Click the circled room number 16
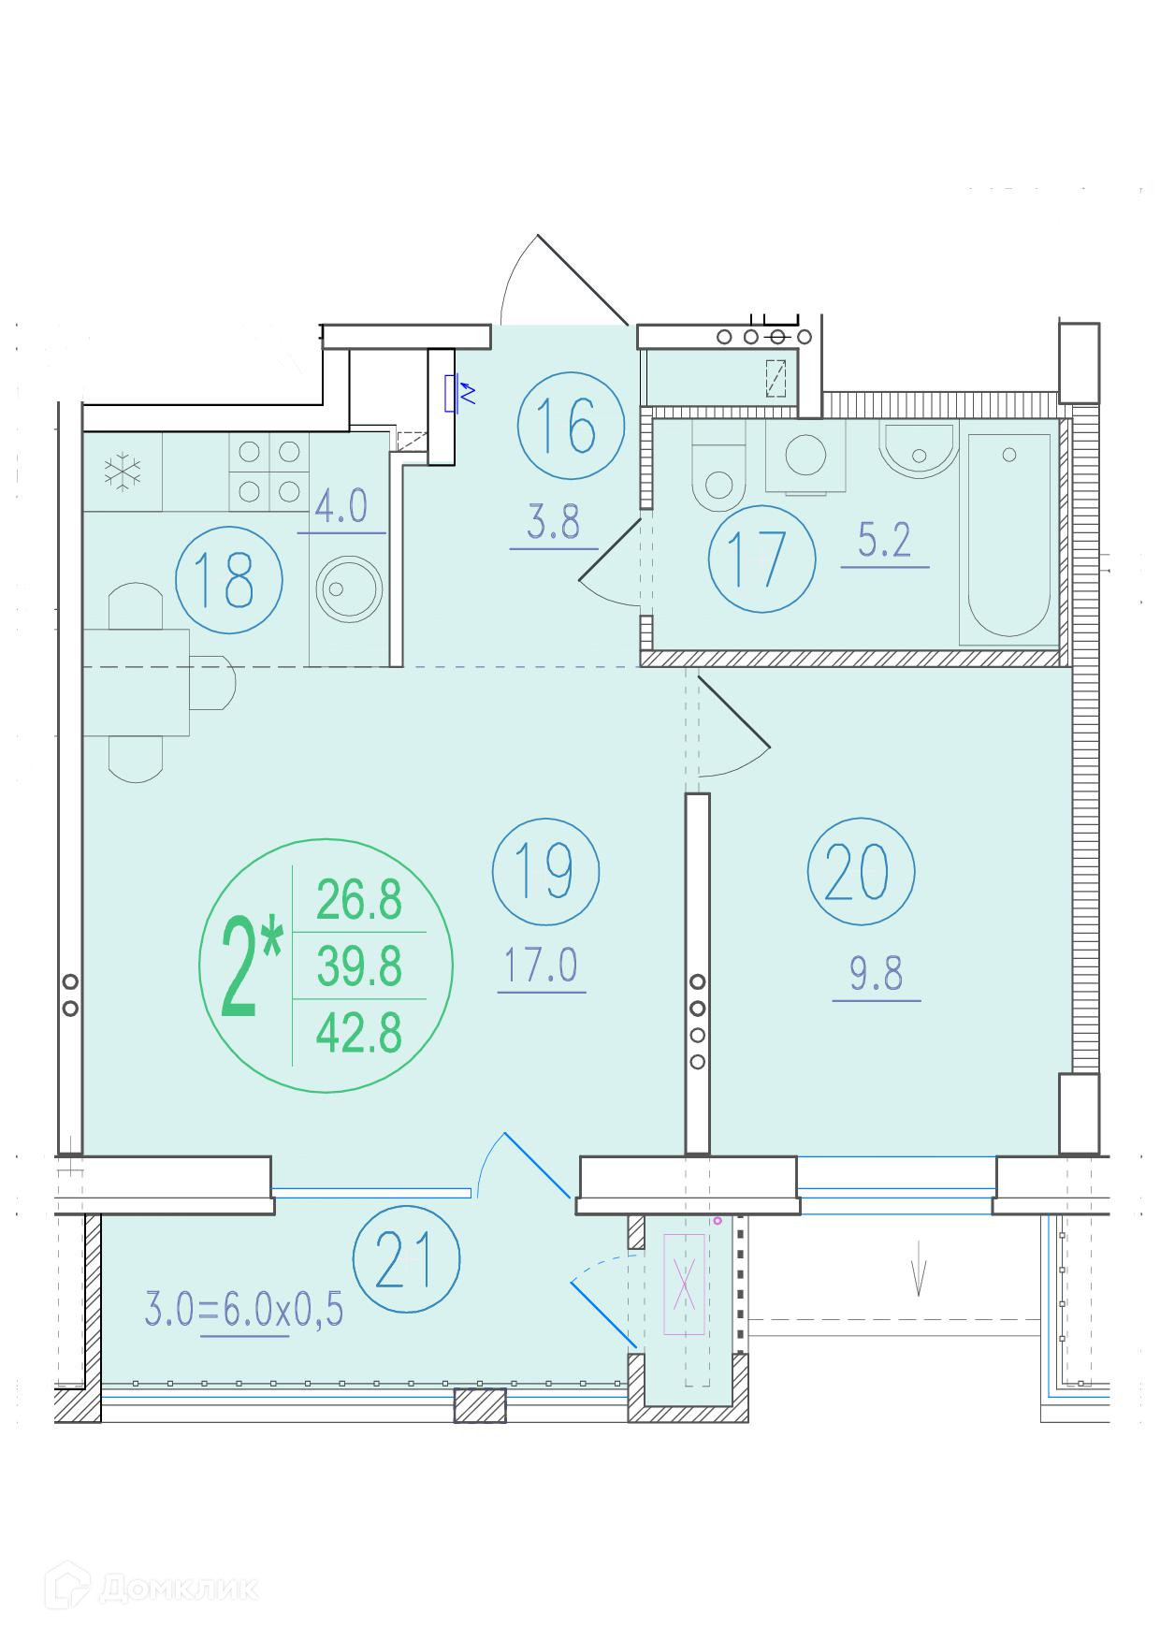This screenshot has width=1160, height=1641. pos(570,426)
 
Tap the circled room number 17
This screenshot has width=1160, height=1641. pos(761,559)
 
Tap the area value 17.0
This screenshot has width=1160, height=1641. pos(543,966)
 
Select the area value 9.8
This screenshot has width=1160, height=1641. pos(877,975)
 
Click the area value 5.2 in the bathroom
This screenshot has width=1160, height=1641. pos(885,541)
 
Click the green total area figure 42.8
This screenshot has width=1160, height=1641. pos(359,1034)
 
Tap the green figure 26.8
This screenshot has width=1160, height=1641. pos(359,900)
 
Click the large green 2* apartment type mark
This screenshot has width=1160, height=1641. pos(251,968)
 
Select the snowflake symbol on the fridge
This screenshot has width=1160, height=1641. pos(122,472)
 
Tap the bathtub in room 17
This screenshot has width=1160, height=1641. pos(1008,539)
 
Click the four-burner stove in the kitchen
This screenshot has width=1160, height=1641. pos(269,472)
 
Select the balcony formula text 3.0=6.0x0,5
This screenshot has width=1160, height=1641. pos(244,1310)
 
